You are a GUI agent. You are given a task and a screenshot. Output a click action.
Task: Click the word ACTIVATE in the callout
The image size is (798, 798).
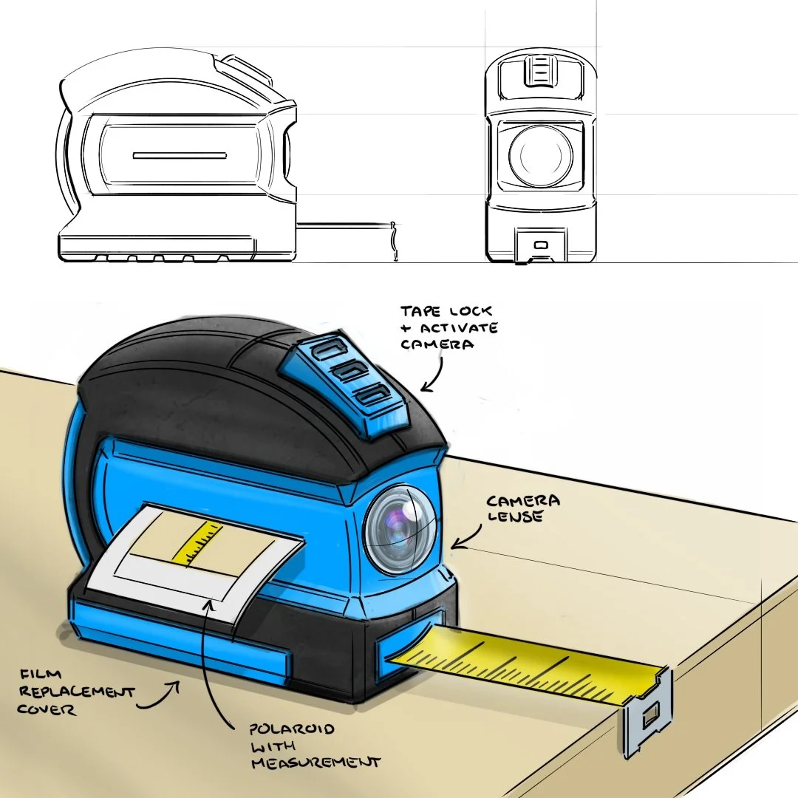click(x=449, y=327)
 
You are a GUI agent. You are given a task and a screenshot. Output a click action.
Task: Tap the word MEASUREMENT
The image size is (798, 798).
click(x=316, y=762)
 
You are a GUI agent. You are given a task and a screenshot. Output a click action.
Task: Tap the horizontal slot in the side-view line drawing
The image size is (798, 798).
click(x=179, y=156)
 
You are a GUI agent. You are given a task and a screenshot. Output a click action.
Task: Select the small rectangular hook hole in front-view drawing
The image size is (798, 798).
click(x=541, y=244)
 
